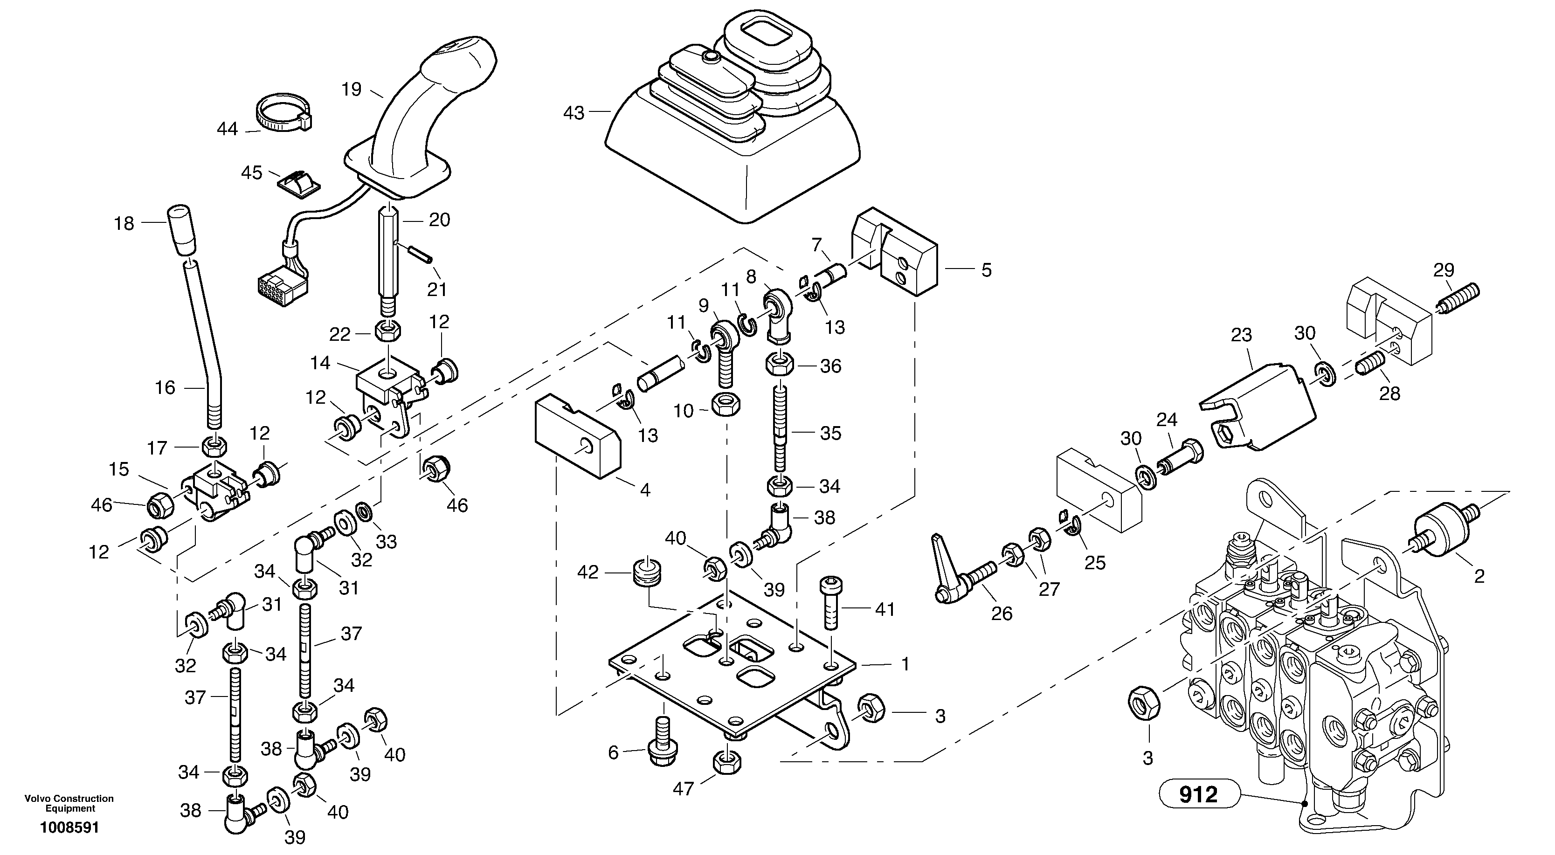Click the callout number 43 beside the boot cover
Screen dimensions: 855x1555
pyautogui.click(x=574, y=113)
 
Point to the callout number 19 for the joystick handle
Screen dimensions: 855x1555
pyautogui.click(x=351, y=90)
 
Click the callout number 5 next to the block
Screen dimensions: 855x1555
pyautogui.click(x=986, y=270)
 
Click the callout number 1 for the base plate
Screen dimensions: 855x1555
pyautogui.click(x=905, y=665)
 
